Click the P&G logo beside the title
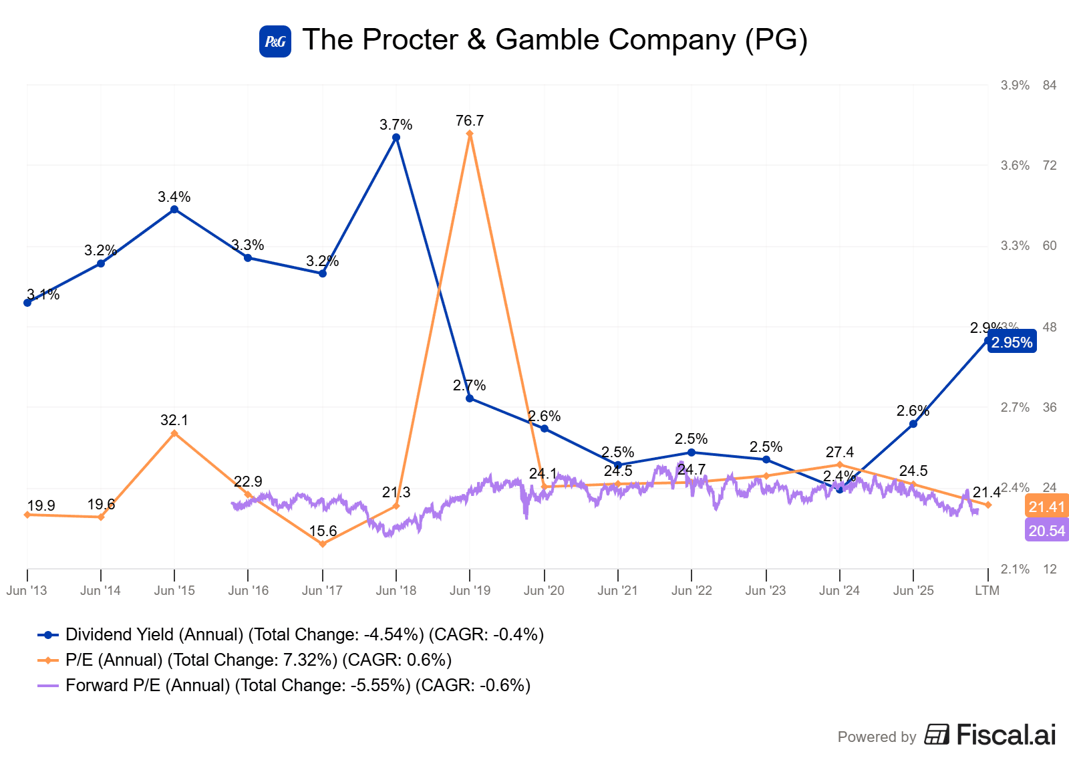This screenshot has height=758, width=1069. [x=275, y=41]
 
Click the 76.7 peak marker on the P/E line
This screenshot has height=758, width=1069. [x=470, y=134]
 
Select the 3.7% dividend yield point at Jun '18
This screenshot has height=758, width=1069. [x=396, y=138]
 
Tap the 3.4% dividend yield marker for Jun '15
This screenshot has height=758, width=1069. [x=174, y=209]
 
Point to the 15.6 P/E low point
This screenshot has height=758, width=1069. [x=323, y=544]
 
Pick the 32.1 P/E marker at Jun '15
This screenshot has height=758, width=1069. [x=174, y=433]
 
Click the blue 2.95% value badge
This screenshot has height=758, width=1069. [x=1012, y=342]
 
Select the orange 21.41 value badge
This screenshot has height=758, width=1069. [x=1046, y=507]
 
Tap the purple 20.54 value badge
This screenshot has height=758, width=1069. [x=1046, y=531]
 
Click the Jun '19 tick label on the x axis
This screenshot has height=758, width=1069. [x=470, y=590]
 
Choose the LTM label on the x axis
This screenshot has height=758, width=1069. [x=987, y=590]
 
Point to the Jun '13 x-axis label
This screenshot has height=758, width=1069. [x=27, y=590]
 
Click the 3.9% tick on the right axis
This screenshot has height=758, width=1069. [x=1015, y=85]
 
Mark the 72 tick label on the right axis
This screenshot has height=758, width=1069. [x=1050, y=165]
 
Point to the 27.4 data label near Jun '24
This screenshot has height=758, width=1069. [x=840, y=453]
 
